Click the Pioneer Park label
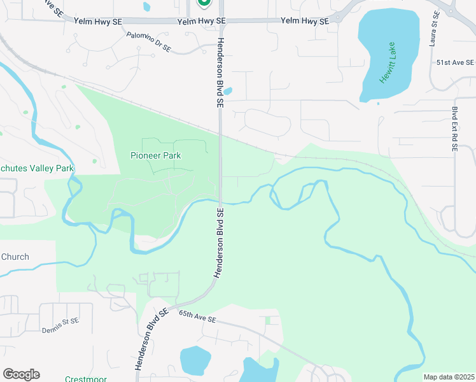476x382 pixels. [156, 155]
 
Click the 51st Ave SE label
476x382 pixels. [456, 62]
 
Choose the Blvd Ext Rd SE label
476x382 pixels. [455, 128]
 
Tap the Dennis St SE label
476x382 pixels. [61, 322]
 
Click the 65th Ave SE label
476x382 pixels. [198, 316]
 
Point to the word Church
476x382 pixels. [15, 257]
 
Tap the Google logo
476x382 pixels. [21, 374]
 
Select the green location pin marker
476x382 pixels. [204, 3]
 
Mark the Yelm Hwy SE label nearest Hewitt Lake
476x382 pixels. [305, 21]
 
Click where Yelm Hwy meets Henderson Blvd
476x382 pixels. [221, 21]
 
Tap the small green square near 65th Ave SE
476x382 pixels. [268, 320]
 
